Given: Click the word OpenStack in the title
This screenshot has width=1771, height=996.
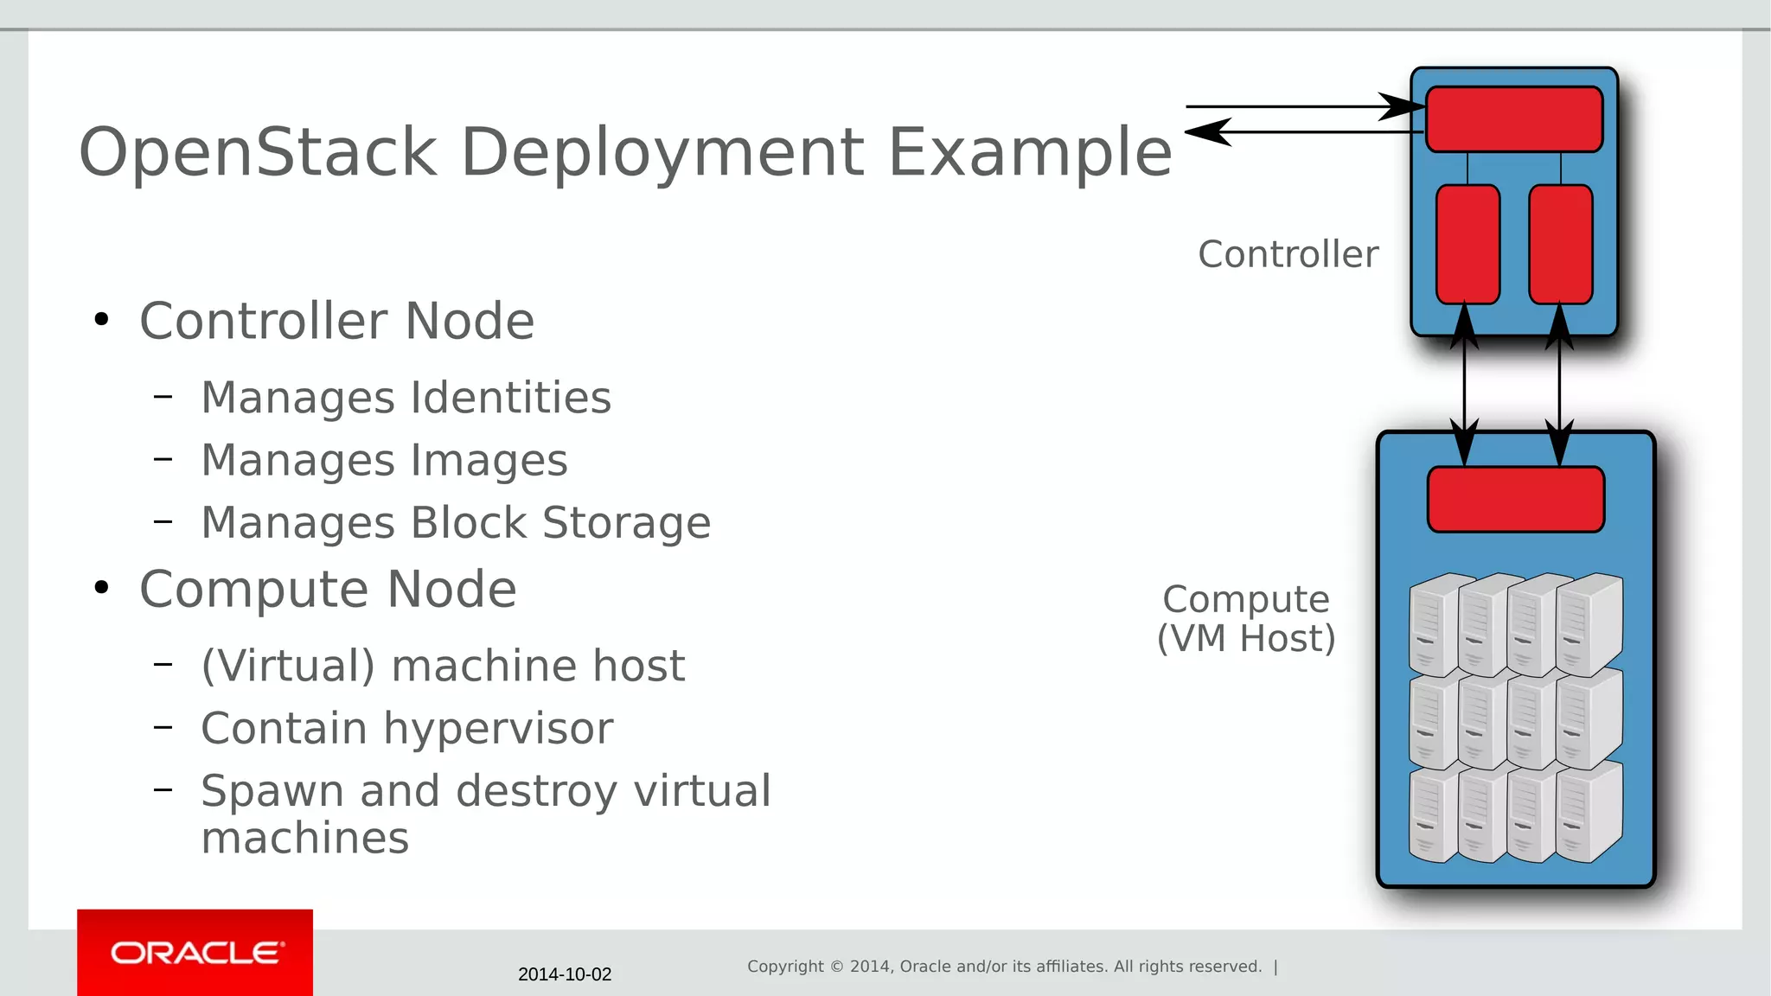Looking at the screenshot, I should tap(258, 152).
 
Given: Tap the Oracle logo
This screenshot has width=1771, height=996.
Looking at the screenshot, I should tap(195, 953).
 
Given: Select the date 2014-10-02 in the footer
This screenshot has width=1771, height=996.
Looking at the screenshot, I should tap(565, 974).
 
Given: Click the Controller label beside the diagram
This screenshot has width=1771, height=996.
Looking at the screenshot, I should tap(1288, 254).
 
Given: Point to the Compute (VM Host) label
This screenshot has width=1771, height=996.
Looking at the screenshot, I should tap(1246, 619).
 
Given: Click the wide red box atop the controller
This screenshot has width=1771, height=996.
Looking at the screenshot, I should tap(1513, 119).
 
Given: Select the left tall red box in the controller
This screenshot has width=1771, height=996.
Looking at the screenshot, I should tap(1467, 244).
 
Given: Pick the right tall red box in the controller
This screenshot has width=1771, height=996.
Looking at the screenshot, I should tap(1560, 244).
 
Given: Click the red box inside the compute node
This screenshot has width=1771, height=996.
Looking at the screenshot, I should tap(1515, 500).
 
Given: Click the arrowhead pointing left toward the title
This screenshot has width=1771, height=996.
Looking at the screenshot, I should tap(1207, 132).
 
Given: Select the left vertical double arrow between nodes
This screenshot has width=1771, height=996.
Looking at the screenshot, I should tap(1464, 385).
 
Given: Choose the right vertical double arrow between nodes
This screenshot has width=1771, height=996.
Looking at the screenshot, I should tap(1559, 385).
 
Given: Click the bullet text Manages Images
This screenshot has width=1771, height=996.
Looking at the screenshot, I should tap(384, 460).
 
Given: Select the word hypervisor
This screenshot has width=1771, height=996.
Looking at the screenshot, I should tap(498, 728).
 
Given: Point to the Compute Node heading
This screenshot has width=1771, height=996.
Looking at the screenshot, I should tap(328, 590).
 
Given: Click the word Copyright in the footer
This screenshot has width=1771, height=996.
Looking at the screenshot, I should tap(785, 967).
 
